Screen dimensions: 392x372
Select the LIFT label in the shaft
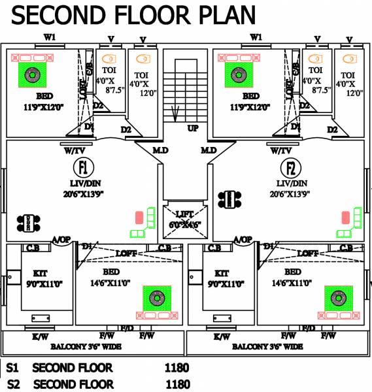tap(184, 214)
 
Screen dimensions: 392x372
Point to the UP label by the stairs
tap(193, 129)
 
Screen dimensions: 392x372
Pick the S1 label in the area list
tap(12, 368)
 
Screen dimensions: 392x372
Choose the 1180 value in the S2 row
tap(178, 384)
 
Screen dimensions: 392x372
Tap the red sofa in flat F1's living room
tap(139, 218)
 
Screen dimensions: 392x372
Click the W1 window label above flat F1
tap(49, 37)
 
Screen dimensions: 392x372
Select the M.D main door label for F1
tap(160, 151)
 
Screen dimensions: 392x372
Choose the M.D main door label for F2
tap(209, 151)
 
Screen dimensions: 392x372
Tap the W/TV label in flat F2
tap(282, 151)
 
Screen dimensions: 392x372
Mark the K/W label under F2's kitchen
tap(222, 336)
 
